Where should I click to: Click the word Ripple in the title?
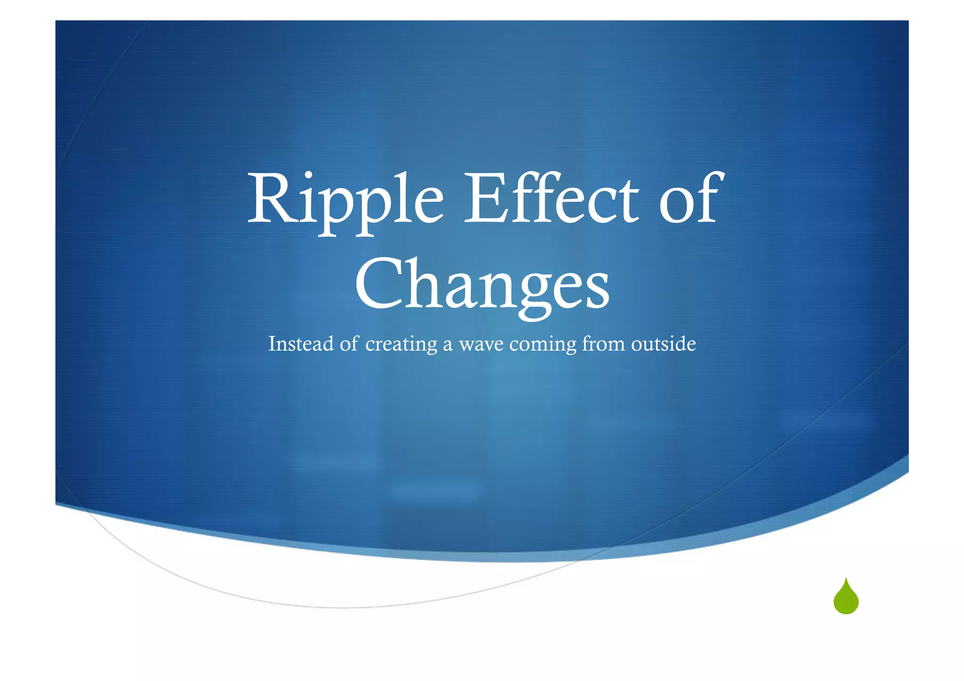point(345,200)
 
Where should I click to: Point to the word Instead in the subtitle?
point(301,344)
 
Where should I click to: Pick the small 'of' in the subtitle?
point(349,344)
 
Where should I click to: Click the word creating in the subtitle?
point(401,345)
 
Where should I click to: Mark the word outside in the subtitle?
point(663,344)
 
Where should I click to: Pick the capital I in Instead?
point(272,344)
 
